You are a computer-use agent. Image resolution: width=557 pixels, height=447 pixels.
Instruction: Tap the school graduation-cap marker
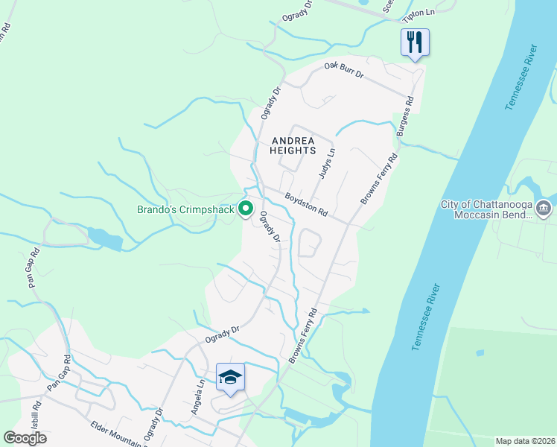pos(231,377)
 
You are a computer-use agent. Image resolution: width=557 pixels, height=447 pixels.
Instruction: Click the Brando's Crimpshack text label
pos(185,210)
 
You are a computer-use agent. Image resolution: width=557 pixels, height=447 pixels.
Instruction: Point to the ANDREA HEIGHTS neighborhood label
pos(293,145)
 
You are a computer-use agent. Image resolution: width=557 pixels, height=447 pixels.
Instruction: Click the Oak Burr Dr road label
pos(343,71)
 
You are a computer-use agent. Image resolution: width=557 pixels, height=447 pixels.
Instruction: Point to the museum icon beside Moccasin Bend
pos(543,206)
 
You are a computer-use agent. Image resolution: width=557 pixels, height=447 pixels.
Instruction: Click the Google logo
pos(25,437)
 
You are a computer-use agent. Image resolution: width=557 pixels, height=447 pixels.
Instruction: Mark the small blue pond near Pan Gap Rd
pos(104,238)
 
